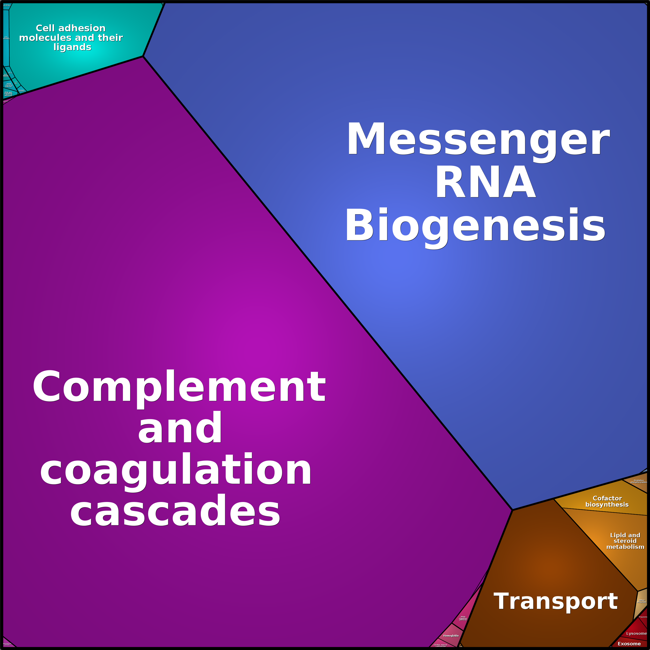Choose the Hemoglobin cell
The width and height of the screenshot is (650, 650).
coord(450,636)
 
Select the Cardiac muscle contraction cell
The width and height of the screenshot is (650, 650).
coord(440,645)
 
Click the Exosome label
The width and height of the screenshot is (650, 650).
coord(629,644)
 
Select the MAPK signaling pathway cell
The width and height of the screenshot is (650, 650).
coord(9,85)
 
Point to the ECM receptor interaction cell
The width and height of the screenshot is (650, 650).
coord(6,38)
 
